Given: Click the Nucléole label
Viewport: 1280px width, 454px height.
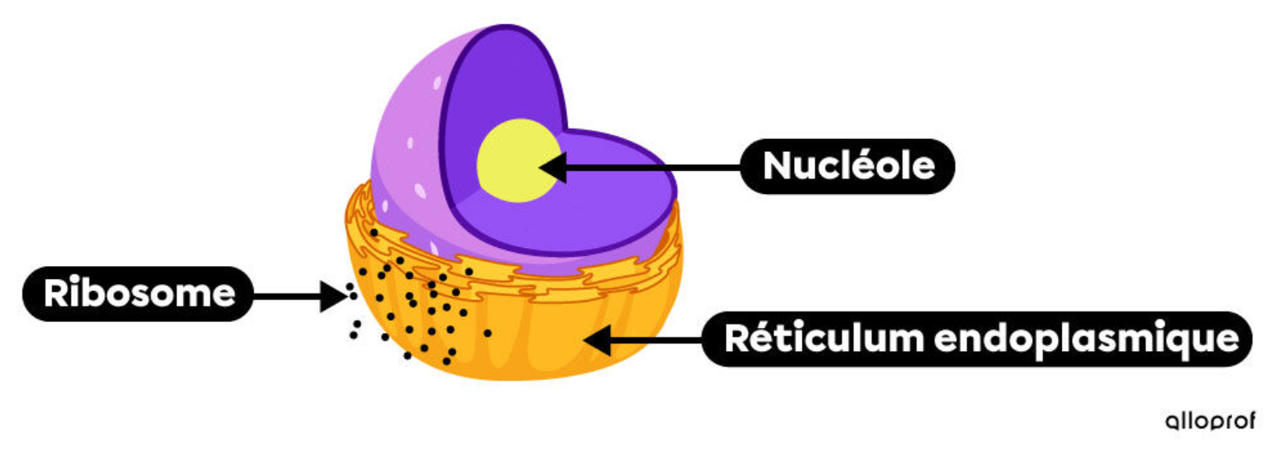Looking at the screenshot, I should coord(848,166).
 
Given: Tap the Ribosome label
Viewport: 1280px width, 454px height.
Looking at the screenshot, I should coord(139,294).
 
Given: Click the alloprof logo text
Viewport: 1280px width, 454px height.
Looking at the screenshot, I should coord(1211,421).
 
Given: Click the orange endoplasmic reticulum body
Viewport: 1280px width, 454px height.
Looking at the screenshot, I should coord(532,343).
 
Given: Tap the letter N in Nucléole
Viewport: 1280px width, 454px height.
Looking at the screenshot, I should coord(776,166).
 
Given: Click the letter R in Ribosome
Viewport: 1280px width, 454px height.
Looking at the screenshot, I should coord(57,294).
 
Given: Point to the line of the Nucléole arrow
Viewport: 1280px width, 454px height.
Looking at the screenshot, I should coord(652,166).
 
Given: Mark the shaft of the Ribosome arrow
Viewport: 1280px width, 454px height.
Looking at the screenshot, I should coord(287,296).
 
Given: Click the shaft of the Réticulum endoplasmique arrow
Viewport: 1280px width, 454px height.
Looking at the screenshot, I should coord(656,340).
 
